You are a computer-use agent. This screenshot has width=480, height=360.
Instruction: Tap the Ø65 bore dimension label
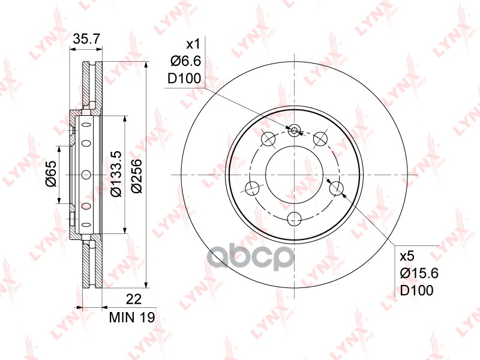click(51, 173)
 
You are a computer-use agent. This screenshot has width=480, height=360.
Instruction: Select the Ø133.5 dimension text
click(116, 173)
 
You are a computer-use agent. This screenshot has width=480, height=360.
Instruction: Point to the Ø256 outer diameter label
click(136, 176)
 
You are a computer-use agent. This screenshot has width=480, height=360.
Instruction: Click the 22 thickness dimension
click(134, 299)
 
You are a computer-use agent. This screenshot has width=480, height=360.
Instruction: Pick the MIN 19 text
click(132, 317)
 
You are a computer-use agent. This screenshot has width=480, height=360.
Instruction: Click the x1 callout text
click(193, 44)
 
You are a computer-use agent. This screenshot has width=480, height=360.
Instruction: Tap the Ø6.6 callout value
click(186, 62)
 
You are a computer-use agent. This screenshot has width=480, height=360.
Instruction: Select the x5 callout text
click(407, 256)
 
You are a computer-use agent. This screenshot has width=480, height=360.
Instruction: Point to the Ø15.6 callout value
click(419, 273)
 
